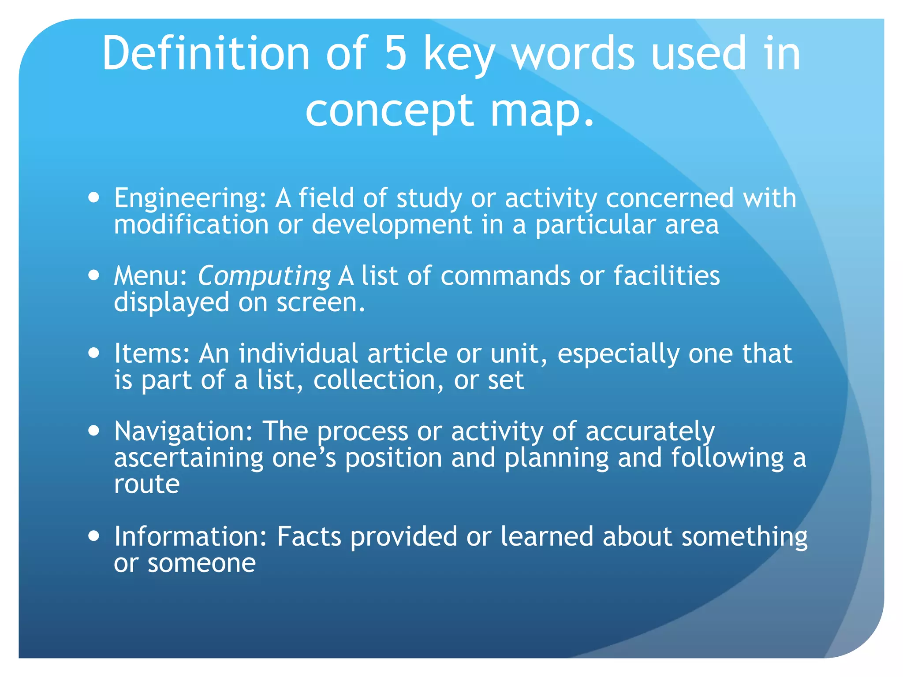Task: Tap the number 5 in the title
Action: [x=395, y=53]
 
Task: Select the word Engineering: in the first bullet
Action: [x=190, y=199]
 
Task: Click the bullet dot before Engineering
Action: [x=93, y=198]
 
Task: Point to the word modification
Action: [x=191, y=225]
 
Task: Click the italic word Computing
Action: [x=264, y=277]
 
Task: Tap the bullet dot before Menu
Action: [x=93, y=275]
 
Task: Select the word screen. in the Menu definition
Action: [x=321, y=303]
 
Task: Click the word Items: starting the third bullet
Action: [x=152, y=353]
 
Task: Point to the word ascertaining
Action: [x=189, y=458]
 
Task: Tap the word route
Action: [x=146, y=485]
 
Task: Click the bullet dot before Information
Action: [x=93, y=536]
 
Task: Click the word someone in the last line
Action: [x=201, y=564]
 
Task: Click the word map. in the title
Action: [x=542, y=111]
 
